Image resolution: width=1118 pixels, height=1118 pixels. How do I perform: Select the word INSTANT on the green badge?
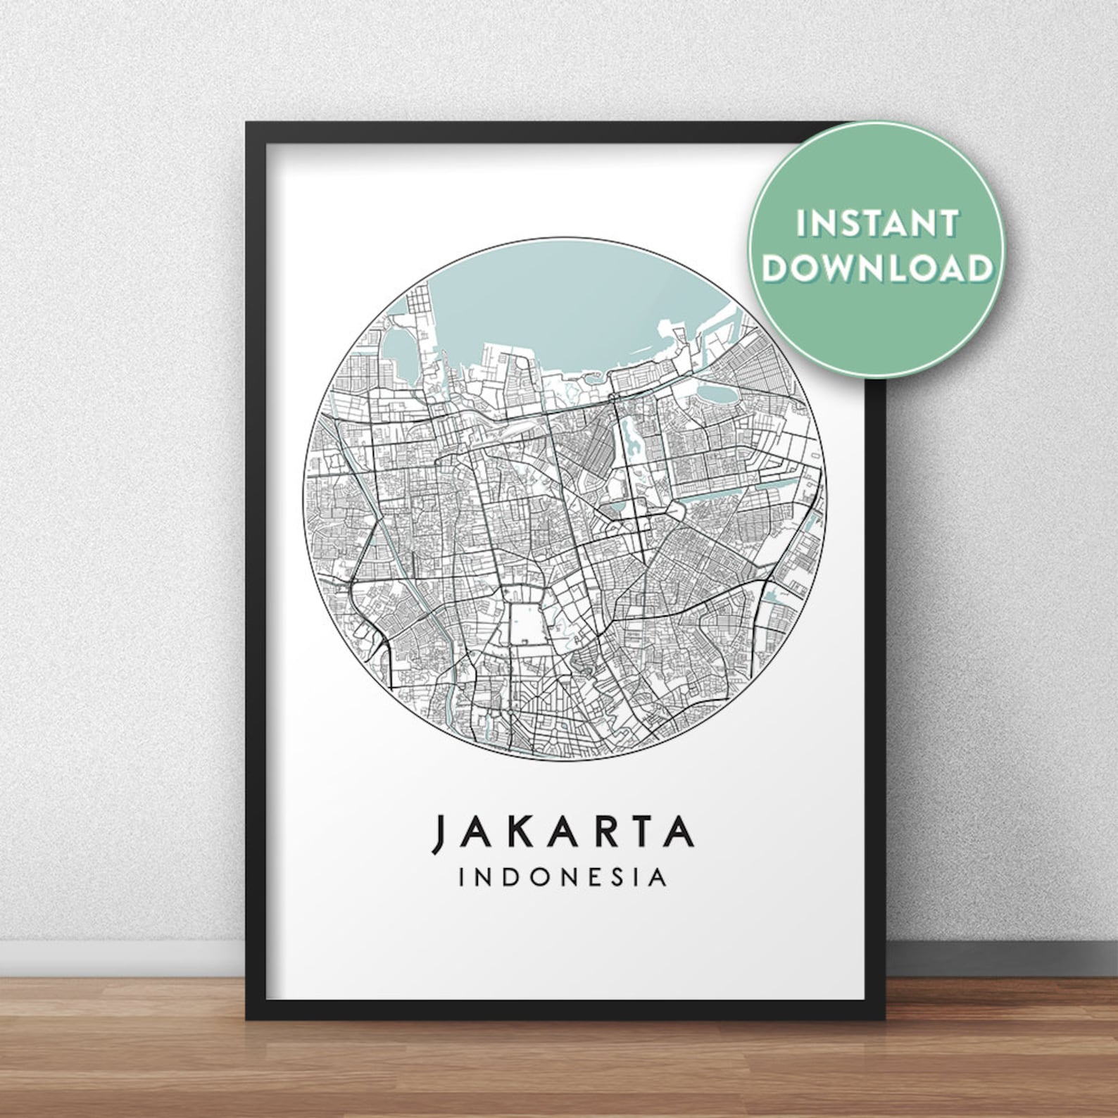pos(877,223)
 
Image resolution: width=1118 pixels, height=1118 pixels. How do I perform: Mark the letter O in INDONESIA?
pos(538,878)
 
